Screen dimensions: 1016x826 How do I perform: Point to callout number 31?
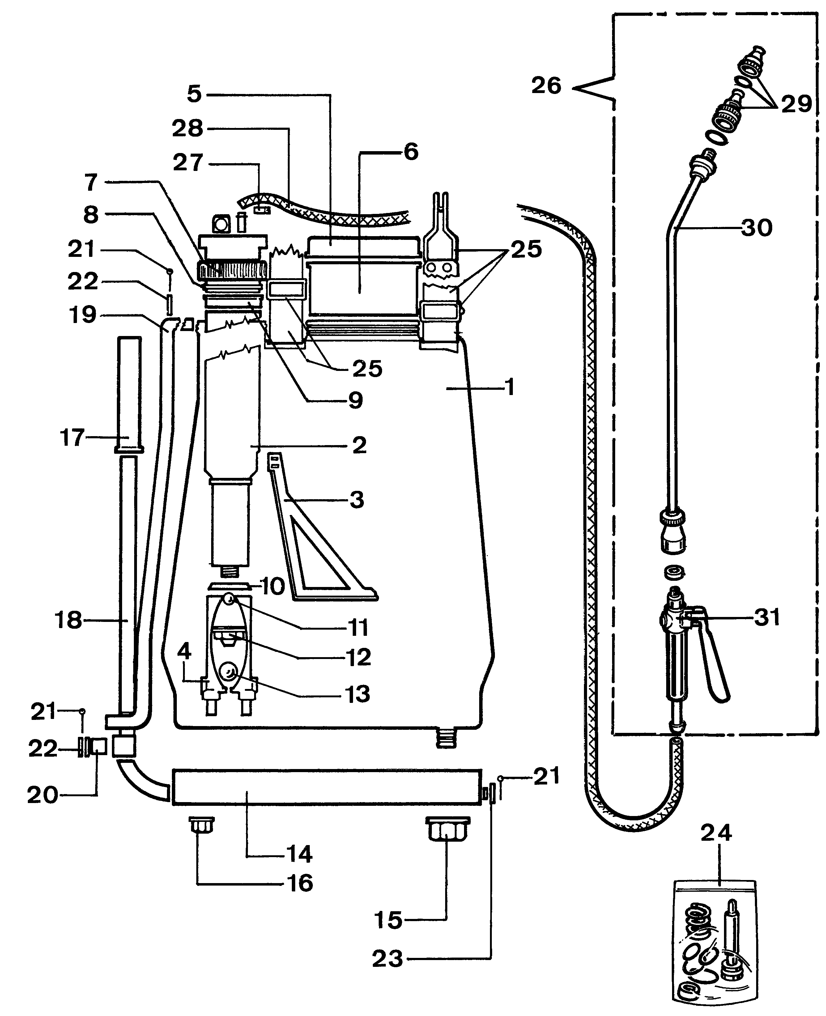tap(767, 617)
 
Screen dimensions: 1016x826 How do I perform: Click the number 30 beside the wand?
tap(756, 228)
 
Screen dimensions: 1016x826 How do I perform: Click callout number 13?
tap(357, 695)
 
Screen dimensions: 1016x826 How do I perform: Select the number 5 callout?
tap(194, 94)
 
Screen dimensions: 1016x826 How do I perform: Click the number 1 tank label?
tap(509, 388)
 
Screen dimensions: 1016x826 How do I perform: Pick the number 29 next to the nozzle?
tap(796, 103)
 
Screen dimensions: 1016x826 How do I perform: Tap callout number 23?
tap(387, 959)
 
